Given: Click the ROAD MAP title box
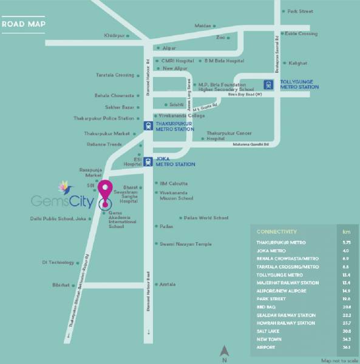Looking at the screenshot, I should click(x=24, y=25).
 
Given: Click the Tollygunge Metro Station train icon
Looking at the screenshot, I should click(x=268, y=84).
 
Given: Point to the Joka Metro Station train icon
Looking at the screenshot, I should click(x=148, y=161).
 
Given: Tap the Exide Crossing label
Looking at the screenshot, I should click(x=301, y=34).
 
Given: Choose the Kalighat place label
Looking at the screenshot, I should click(x=297, y=62).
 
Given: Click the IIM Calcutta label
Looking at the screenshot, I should click(x=173, y=183).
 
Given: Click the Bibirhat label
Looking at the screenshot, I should click(x=61, y=284).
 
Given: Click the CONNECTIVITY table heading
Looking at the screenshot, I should click(x=276, y=232).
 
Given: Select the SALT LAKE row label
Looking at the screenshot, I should click(x=269, y=331).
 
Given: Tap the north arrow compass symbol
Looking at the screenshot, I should click(x=225, y=351).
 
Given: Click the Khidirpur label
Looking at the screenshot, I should click(x=115, y=36).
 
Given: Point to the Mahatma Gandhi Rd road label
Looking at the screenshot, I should click(x=255, y=144).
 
